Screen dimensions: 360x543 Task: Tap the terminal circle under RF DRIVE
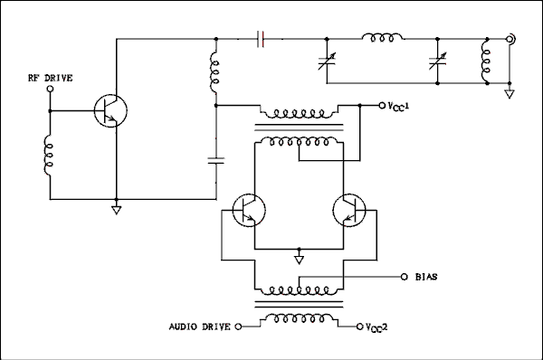[50, 90]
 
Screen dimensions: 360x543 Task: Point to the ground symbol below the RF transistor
[116, 210]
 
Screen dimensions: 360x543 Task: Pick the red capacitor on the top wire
[261, 39]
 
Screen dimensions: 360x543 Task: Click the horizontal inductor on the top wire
[383, 39]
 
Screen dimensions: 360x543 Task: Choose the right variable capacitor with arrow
[438, 62]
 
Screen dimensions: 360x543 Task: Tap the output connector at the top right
[511, 39]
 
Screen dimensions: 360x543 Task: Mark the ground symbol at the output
[511, 92]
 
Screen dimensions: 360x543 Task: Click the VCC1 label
[400, 107]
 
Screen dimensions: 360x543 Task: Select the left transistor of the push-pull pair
[248, 211]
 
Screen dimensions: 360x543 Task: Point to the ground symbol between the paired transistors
[299, 260]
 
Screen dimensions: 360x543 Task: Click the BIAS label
[425, 276]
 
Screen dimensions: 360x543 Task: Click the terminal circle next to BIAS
[402, 276]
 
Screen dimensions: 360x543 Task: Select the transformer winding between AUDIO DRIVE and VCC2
[299, 319]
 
